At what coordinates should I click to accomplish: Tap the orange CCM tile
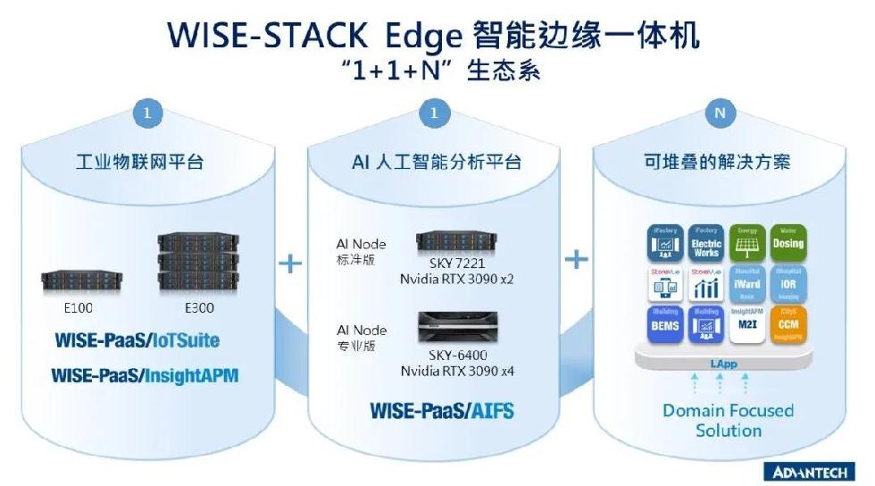pyautogui.click(x=787, y=321)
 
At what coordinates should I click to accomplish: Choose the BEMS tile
pyautogui.click(x=666, y=321)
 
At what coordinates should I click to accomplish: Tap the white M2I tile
pyautogui.click(x=747, y=321)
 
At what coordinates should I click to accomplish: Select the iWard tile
pyautogui.click(x=747, y=282)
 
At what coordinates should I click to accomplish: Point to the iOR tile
pyautogui.click(x=787, y=282)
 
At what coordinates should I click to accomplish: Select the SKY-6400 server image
pyautogui.click(x=456, y=327)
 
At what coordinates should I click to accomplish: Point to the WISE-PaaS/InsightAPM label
pyautogui.click(x=145, y=375)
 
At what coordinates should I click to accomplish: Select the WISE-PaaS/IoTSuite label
pyautogui.click(x=137, y=341)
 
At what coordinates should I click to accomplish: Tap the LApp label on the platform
pyautogui.click(x=720, y=364)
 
